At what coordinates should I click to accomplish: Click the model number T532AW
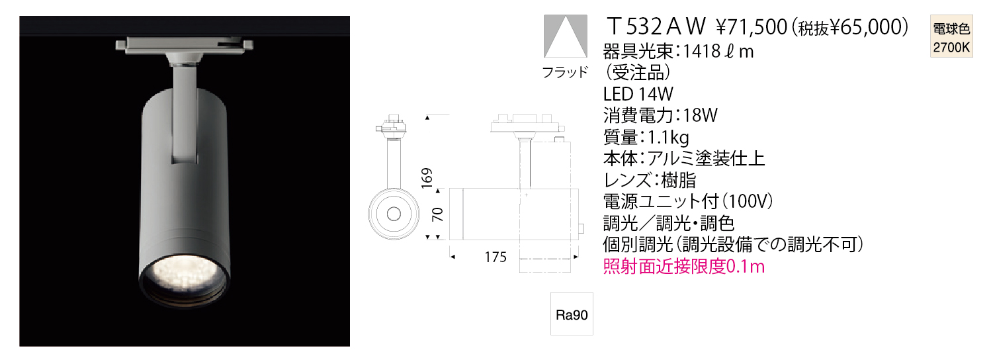(656, 26)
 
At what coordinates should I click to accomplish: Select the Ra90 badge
(572, 314)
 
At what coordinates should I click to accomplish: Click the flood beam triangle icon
(566, 36)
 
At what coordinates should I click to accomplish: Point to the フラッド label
(565, 71)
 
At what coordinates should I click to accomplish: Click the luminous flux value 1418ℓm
(718, 52)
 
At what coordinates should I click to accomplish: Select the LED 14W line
(638, 94)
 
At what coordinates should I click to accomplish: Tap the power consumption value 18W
(701, 115)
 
